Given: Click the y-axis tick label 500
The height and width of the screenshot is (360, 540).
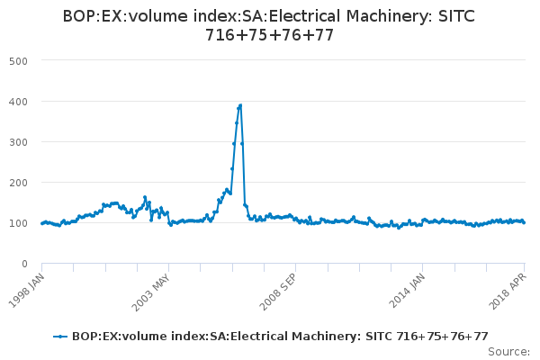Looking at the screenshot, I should pos(19,60).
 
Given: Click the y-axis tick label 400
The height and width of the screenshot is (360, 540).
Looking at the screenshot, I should pos(19,101).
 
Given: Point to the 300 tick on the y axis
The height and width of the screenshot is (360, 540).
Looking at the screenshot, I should pos(19,141).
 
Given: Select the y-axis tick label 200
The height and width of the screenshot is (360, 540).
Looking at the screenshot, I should pos(19,182).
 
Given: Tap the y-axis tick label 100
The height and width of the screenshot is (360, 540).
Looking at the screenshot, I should pos(19,222).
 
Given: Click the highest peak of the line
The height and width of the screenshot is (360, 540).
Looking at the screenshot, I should pos(240,105).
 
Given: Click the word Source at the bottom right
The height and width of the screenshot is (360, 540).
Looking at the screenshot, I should pos(509,351).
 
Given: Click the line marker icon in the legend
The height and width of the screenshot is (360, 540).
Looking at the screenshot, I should pos(60,336).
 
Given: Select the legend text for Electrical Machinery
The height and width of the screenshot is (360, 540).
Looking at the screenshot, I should pos(280,336).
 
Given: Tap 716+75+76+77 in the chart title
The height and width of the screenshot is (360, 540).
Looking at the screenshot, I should pos(269,36).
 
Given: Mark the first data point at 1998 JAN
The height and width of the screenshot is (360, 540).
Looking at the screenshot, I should pos(42,223).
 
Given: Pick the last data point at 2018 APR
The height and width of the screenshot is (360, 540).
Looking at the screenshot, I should pos(524,222).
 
